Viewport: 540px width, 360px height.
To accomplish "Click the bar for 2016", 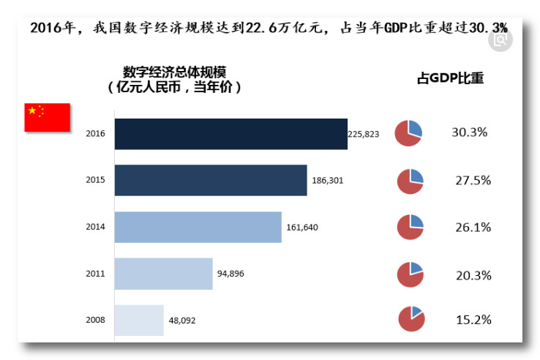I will tap(230, 134).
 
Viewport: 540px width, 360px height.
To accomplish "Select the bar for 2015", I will tap(211, 180).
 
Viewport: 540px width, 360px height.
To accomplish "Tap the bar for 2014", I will tap(198, 227).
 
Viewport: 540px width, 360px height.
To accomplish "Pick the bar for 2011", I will tap(163, 274).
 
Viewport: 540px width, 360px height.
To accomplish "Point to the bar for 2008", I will tap(139, 320).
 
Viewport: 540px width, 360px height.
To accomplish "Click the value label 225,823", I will tap(364, 134).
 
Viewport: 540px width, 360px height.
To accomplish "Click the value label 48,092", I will tap(182, 320).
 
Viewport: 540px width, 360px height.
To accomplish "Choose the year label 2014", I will tap(95, 227).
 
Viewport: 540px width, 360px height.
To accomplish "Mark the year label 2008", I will tap(95, 320).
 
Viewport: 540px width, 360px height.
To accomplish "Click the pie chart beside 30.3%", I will tap(408, 132).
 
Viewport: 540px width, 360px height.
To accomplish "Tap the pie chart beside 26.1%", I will tap(410, 227).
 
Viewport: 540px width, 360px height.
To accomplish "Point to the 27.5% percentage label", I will tap(473, 180).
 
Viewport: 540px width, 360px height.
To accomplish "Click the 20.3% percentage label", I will tap(473, 275).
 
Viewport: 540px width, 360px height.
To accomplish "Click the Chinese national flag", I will tap(47, 117).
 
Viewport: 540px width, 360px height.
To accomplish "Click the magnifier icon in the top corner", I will tap(500, 40).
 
